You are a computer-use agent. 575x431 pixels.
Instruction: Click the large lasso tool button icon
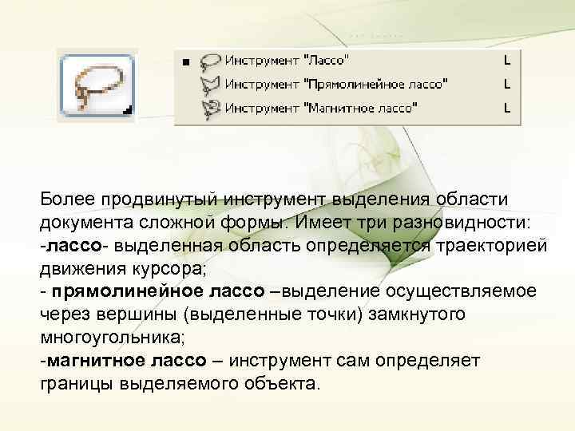[x=97, y=86]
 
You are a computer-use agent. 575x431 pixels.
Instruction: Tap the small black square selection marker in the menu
[x=185, y=61]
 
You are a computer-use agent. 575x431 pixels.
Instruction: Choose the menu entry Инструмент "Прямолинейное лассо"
[x=335, y=83]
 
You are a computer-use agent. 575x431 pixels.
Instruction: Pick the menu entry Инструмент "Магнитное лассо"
[x=320, y=106]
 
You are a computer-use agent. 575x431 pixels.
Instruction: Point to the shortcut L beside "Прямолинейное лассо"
[x=506, y=83]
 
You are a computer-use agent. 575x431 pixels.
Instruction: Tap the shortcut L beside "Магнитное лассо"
[x=506, y=106]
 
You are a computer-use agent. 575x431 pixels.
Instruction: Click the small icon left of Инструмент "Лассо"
[x=210, y=61]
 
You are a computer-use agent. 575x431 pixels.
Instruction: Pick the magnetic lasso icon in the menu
[x=210, y=107]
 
